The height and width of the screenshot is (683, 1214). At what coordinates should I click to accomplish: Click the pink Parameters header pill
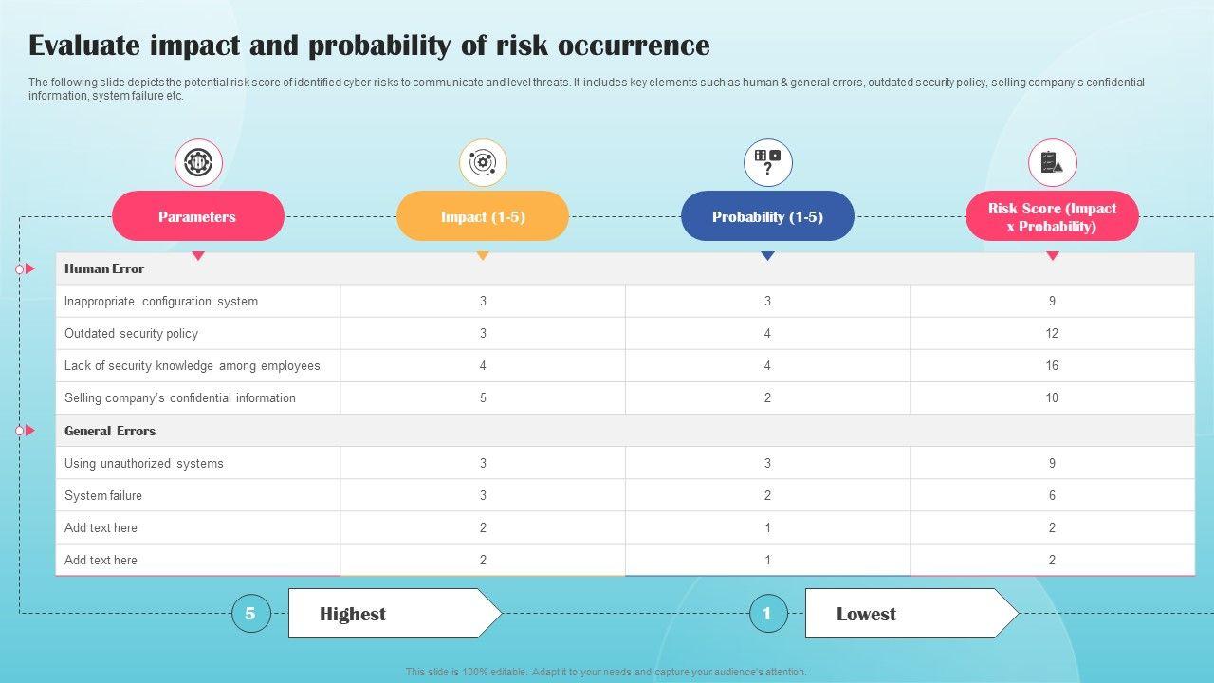198,216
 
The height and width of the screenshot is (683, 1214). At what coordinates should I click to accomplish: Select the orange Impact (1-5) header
483,216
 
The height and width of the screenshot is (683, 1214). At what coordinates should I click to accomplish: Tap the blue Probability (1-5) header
767,216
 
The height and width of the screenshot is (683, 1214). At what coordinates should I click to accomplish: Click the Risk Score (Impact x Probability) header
1052,216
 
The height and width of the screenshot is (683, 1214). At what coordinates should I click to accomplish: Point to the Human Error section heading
104,268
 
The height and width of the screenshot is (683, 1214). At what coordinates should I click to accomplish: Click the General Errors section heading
110,431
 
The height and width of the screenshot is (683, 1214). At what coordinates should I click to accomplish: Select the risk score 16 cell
1052,365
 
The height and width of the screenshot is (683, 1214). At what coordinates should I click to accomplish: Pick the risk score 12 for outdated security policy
1052,333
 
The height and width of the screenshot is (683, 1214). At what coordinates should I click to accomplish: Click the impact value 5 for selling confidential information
483,397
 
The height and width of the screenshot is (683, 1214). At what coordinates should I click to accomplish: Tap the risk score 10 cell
1052,397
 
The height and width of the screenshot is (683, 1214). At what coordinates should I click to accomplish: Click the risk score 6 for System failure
1052,495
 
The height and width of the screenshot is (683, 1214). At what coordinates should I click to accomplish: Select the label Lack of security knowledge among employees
192,366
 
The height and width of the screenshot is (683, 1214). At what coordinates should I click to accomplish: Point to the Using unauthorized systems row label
143,464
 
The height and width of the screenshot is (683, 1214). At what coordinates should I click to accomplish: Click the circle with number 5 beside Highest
251,613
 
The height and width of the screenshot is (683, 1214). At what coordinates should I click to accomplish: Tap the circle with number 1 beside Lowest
768,613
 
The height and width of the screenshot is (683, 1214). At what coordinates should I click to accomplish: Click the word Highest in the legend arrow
353,614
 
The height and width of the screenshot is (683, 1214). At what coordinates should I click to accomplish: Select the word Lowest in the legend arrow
866,614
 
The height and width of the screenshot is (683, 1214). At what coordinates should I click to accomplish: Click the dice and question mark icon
768,162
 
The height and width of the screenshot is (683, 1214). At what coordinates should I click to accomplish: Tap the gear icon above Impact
483,162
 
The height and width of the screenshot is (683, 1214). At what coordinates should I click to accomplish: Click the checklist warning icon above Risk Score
1052,162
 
